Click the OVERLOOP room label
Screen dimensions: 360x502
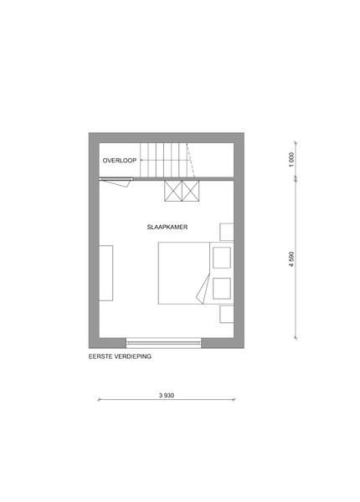click(x=120, y=161)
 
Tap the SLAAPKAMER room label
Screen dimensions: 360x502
click(x=167, y=227)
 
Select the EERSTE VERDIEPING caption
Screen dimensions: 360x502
click(x=120, y=356)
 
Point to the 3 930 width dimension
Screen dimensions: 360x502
click(x=167, y=396)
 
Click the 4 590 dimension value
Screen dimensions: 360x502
click(x=291, y=259)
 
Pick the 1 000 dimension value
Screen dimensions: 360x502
click(x=291, y=160)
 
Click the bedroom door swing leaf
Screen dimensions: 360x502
click(x=116, y=183)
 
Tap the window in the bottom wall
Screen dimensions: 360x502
click(x=163, y=343)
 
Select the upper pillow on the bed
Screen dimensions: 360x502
click(x=222, y=258)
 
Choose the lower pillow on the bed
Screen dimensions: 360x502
click(x=222, y=289)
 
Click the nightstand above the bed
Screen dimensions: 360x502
click(x=226, y=232)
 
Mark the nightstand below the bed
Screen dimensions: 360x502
click(x=226, y=314)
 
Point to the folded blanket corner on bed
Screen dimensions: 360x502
click(x=203, y=289)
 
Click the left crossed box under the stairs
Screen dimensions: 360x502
click(x=173, y=191)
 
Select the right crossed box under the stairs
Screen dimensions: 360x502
click(x=191, y=191)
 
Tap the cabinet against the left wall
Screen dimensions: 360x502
click(x=106, y=273)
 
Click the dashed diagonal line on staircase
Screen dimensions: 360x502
click(x=191, y=160)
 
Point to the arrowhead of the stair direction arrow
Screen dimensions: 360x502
click(x=141, y=160)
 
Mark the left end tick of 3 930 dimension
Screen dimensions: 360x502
click(x=99, y=400)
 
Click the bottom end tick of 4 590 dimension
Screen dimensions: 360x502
click(x=296, y=337)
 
